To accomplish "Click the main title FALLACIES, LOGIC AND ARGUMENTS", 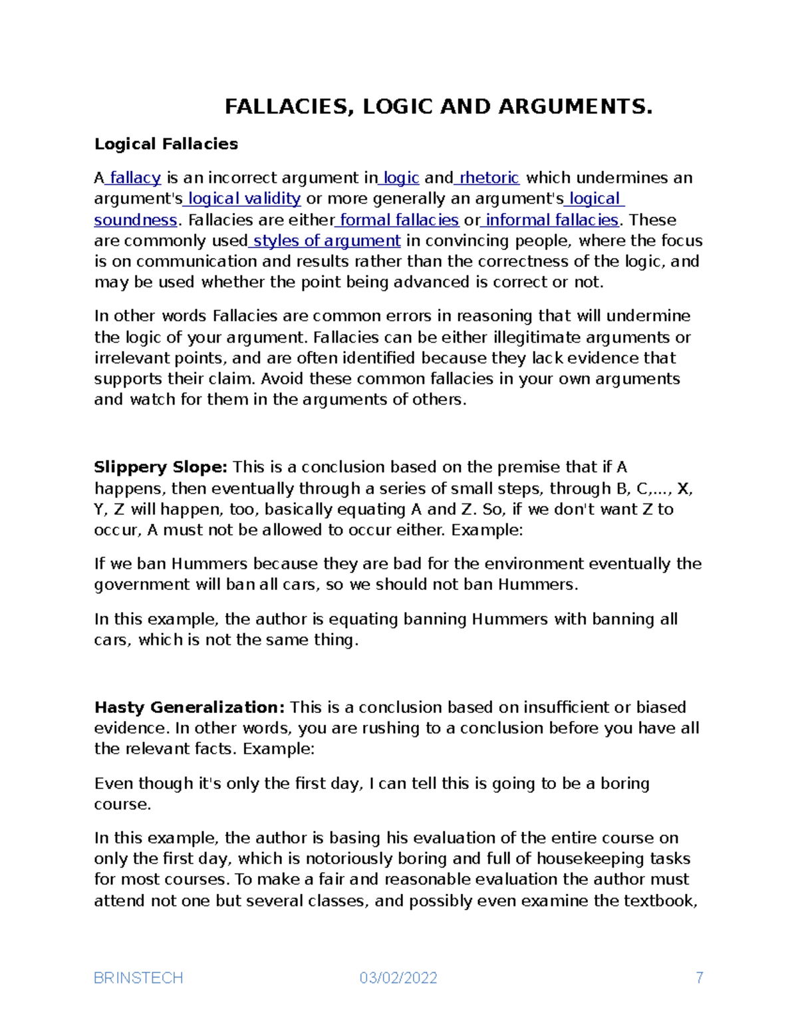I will [438, 107].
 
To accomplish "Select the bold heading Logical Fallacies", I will [166, 144].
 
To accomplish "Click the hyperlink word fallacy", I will [136, 178].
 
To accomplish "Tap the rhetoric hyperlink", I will [489, 178].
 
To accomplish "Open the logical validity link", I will [244, 199].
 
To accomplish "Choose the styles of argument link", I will [327, 241].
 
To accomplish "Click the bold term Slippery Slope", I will [160, 468].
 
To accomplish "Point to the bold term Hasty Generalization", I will [190, 708].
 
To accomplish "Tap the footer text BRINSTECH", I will [138, 978].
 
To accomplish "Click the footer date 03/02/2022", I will [398, 978].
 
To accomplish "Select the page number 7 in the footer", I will [699, 978].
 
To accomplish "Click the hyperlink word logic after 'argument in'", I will [401, 178].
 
